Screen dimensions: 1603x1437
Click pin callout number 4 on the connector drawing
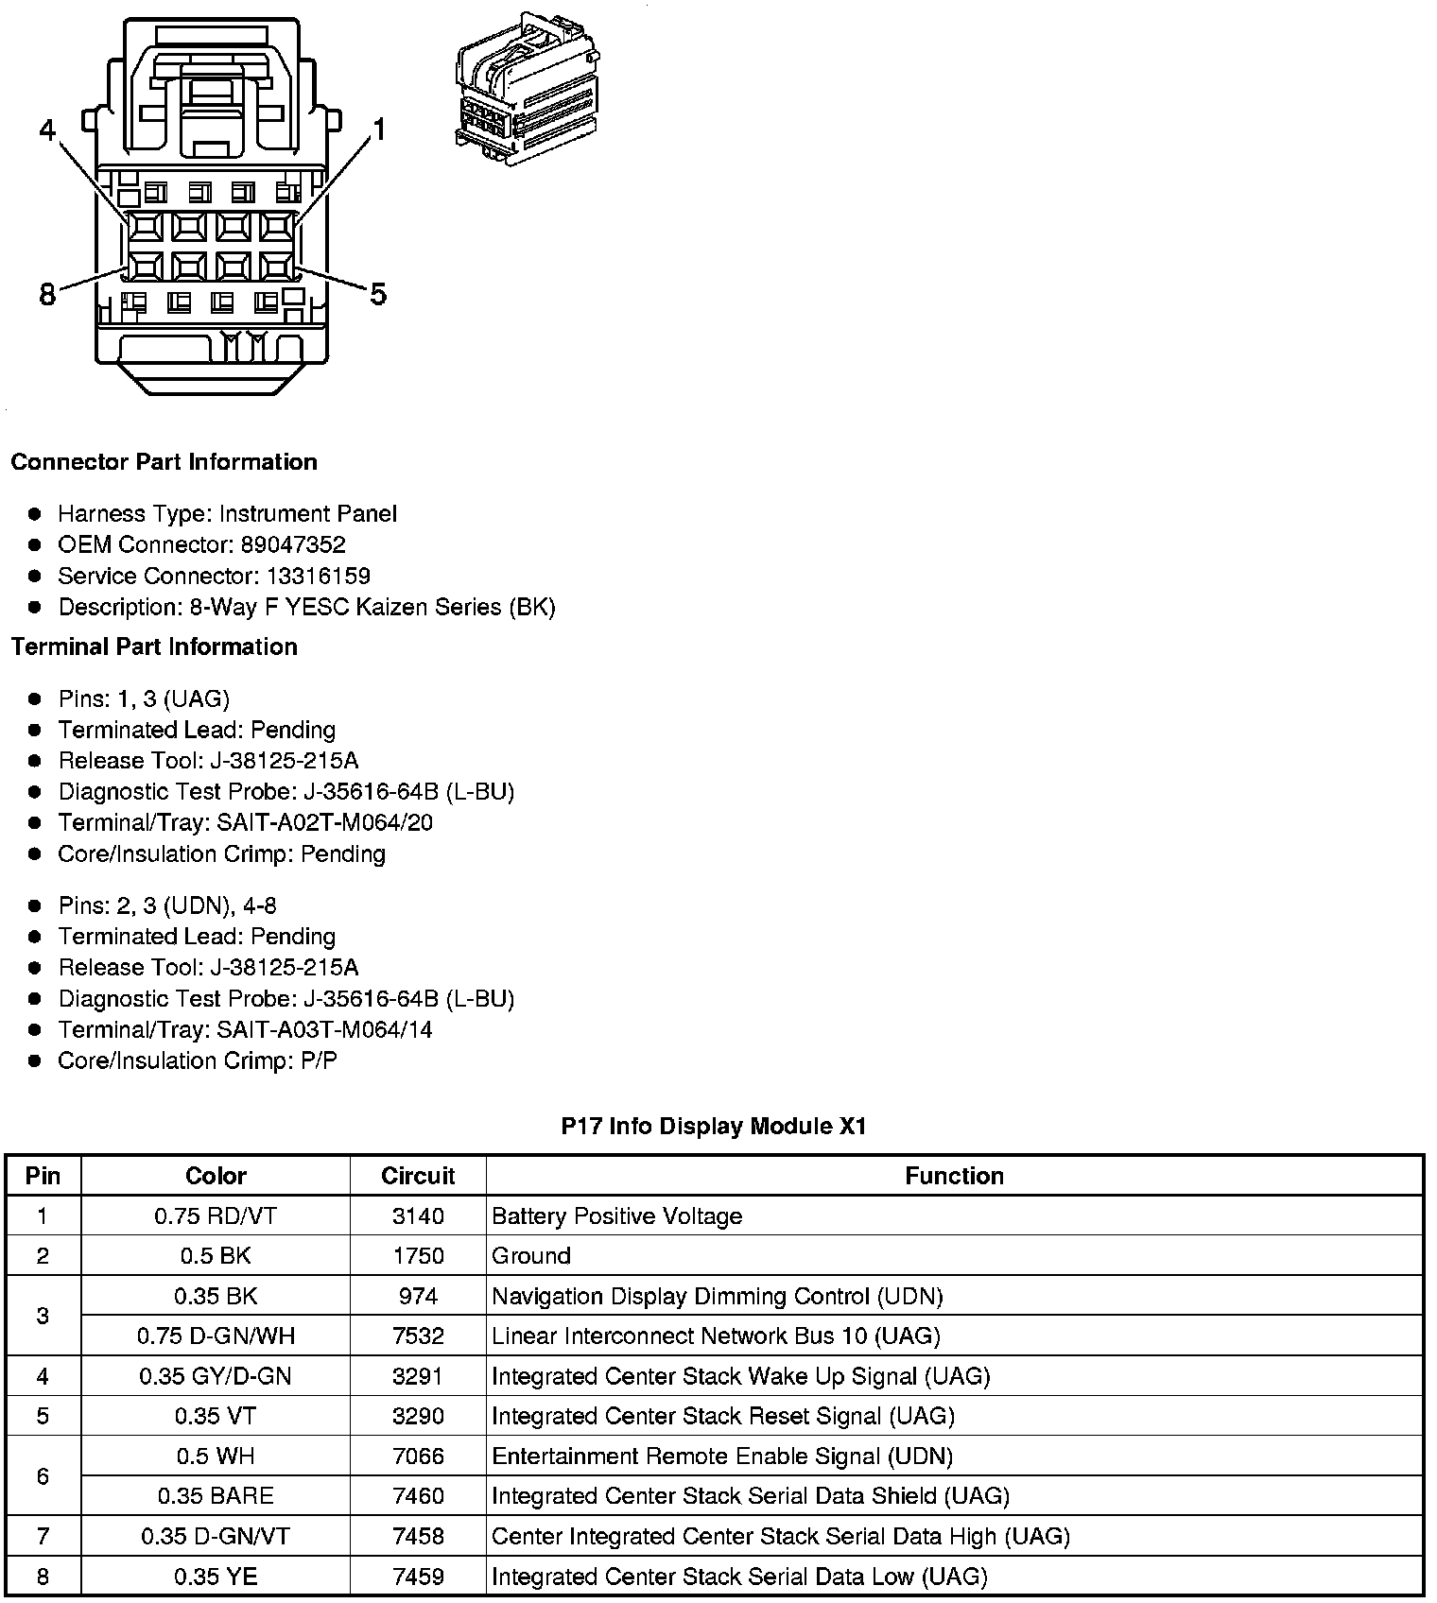(x=48, y=129)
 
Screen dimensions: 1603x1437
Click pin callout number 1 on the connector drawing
(x=379, y=129)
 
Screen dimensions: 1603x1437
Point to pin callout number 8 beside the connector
(x=47, y=295)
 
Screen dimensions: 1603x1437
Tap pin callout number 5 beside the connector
(x=378, y=295)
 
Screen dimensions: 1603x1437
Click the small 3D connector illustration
(x=527, y=91)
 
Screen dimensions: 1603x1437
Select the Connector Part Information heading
(x=164, y=462)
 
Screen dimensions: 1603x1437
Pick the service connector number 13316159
(x=318, y=577)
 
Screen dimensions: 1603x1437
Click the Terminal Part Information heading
(x=154, y=647)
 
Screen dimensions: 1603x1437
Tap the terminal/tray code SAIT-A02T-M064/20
(x=324, y=823)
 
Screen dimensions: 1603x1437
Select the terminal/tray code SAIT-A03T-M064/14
(x=324, y=1030)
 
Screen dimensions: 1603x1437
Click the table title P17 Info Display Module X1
(x=714, y=1127)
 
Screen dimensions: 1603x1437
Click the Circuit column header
(x=418, y=1176)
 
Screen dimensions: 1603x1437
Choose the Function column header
(x=954, y=1176)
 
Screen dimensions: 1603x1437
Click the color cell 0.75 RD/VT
(x=216, y=1216)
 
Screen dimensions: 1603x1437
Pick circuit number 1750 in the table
(x=418, y=1256)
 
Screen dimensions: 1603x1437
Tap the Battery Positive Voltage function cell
(x=617, y=1216)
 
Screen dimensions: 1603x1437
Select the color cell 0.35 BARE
(x=216, y=1496)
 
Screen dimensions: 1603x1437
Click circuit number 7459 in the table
(x=418, y=1577)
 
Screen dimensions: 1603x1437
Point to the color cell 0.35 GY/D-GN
(x=216, y=1376)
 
